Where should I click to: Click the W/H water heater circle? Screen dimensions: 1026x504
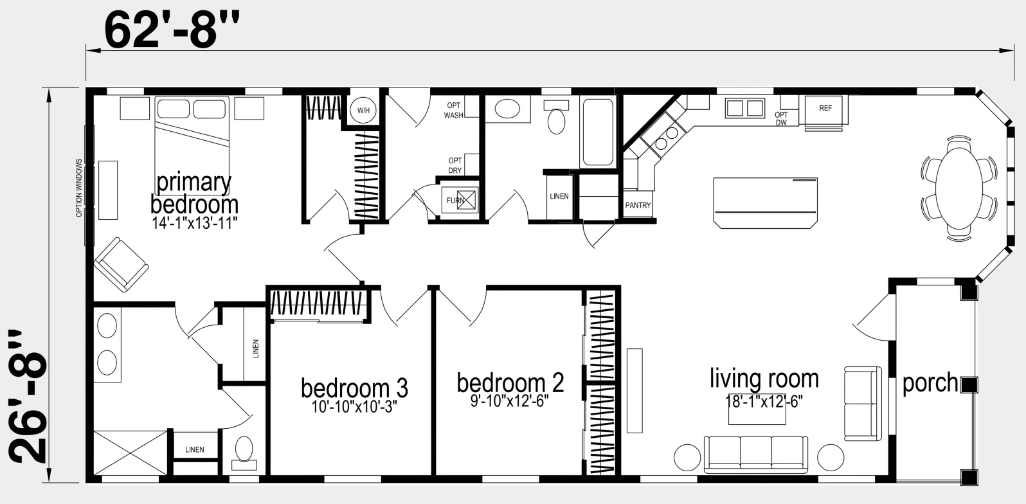pos(363,110)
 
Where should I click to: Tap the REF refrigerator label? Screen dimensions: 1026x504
pos(825,108)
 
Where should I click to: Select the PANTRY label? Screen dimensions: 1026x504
pos(638,205)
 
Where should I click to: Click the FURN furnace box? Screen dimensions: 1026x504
pos(460,200)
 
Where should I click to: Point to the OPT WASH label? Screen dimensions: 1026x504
pos(453,111)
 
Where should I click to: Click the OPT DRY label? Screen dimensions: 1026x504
pos(455,165)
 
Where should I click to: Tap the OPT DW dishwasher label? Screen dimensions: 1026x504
pos(782,119)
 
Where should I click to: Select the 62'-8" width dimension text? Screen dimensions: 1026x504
pos(172,30)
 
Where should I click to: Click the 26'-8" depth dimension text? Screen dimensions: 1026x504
pos(28,397)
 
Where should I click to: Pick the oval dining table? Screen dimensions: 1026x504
pos(959,188)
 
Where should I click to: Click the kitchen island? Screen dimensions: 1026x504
pos(766,203)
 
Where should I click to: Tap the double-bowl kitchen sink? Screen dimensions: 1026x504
pos(745,108)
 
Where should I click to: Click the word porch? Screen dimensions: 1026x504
pos(930,383)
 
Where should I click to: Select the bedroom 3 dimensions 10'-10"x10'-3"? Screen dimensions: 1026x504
pos(354,406)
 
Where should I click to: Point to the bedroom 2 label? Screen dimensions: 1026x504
pos(510,383)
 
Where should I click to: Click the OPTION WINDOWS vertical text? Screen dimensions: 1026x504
pos(79,188)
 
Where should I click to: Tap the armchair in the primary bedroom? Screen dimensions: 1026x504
pos(121,264)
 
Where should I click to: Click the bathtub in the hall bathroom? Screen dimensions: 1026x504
pos(598,132)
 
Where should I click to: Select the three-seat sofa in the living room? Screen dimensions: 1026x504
pos(756,454)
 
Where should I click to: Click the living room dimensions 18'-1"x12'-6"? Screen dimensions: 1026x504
pos(764,401)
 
